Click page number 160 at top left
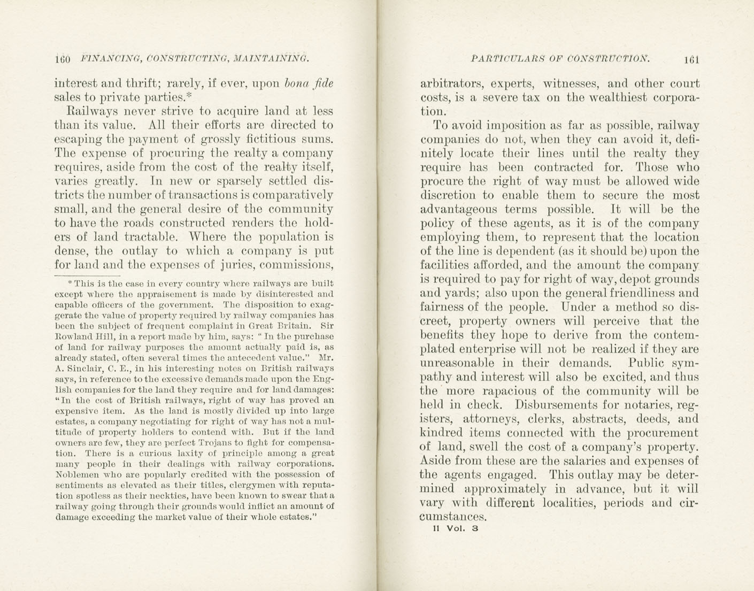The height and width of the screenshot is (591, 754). (x=63, y=59)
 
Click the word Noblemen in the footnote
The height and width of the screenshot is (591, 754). (x=75, y=474)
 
